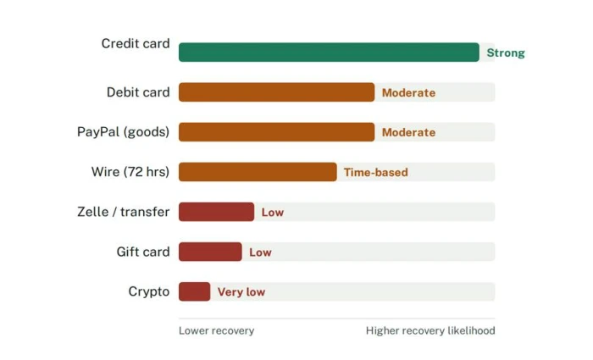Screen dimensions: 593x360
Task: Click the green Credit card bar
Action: [x=329, y=53]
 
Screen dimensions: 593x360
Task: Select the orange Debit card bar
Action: [x=276, y=92]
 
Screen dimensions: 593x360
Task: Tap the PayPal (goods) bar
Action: [x=276, y=132]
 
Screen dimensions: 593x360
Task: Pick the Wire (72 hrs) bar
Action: [x=258, y=172]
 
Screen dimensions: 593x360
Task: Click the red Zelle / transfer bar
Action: [x=216, y=212]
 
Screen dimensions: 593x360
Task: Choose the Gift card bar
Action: [x=210, y=252]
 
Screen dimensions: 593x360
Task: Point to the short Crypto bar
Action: [x=194, y=291]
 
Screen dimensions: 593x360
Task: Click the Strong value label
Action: [x=506, y=53]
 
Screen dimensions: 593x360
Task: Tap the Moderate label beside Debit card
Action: [x=408, y=92]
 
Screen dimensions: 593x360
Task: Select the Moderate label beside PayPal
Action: [x=408, y=132]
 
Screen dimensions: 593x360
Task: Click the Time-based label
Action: [x=376, y=173]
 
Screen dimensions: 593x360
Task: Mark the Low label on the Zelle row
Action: [x=272, y=213]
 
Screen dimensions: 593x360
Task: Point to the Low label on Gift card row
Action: [x=260, y=252]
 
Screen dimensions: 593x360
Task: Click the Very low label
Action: [x=241, y=292]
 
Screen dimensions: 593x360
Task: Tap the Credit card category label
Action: [x=136, y=43]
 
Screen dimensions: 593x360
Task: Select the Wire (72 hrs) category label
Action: [x=130, y=172]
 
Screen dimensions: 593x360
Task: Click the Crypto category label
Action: [x=149, y=292]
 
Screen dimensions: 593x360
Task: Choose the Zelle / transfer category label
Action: [x=124, y=212]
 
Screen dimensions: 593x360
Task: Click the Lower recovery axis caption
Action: [x=216, y=331]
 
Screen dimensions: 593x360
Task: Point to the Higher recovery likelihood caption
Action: [x=430, y=331]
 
